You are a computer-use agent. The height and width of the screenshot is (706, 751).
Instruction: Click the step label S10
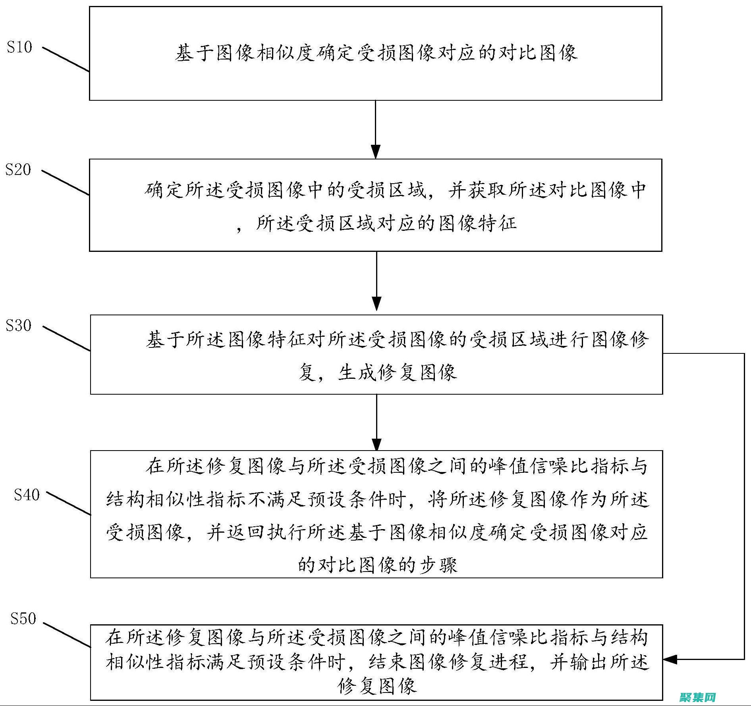(x=19, y=47)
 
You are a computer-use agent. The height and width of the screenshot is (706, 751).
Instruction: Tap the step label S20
(x=18, y=169)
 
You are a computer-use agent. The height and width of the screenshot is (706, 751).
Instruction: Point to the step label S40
(x=27, y=495)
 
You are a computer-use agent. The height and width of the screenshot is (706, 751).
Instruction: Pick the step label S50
(x=23, y=618)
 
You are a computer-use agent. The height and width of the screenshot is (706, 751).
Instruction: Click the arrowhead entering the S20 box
(x=376, y=152)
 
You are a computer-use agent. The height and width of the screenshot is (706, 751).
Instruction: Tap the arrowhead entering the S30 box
(x=376, y=303)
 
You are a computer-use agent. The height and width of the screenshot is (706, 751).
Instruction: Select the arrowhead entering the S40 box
(x=376, y=444)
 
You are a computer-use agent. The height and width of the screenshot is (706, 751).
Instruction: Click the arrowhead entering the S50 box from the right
(x=671, y=660)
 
